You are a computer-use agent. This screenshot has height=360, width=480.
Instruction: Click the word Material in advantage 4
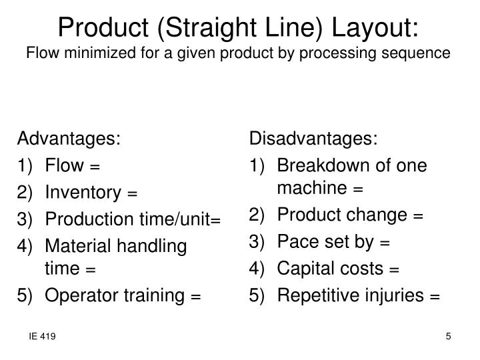pyautogui.click(x=74, y=247)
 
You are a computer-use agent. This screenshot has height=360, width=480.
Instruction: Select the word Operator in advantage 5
pyautogui.click(x=77, y=294)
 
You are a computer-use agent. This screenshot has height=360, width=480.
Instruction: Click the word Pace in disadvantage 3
pyautogui.click(x=294, y=242)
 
